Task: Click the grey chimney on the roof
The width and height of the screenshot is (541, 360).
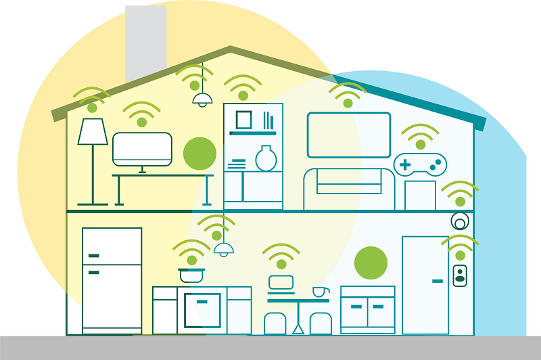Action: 145,41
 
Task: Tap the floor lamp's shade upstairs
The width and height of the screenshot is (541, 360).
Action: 93,132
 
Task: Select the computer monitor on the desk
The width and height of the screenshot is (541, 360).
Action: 142,149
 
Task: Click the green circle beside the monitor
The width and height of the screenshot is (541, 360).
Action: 199,153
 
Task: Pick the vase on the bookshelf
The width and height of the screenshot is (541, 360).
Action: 266,158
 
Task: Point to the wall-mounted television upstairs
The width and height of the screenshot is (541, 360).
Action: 348,135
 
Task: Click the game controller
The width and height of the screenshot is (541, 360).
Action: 420,163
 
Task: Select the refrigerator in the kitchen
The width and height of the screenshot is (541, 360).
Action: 112,279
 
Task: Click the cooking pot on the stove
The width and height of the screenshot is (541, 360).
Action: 191,274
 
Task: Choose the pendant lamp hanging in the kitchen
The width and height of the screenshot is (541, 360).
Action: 223,248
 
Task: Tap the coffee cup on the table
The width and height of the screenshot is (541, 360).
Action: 319,292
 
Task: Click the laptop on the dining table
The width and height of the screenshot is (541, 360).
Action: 281,283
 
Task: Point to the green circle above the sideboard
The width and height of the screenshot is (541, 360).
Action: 371,263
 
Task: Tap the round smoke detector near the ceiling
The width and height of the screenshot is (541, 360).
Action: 460,221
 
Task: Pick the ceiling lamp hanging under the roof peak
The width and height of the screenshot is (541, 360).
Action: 202,99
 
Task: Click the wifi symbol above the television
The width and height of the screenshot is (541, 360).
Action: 347,95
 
